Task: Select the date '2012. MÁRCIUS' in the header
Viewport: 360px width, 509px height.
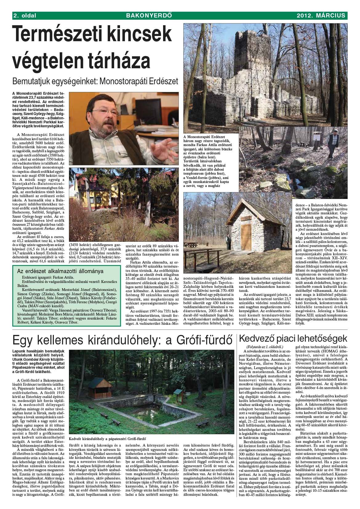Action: [321, 15]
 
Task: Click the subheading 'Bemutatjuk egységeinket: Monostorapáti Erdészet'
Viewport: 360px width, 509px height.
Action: [95, 82]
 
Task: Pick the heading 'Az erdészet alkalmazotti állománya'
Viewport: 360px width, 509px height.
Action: [60, 271]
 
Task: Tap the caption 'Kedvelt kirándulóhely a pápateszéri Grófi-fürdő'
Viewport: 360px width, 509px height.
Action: [107, 439]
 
